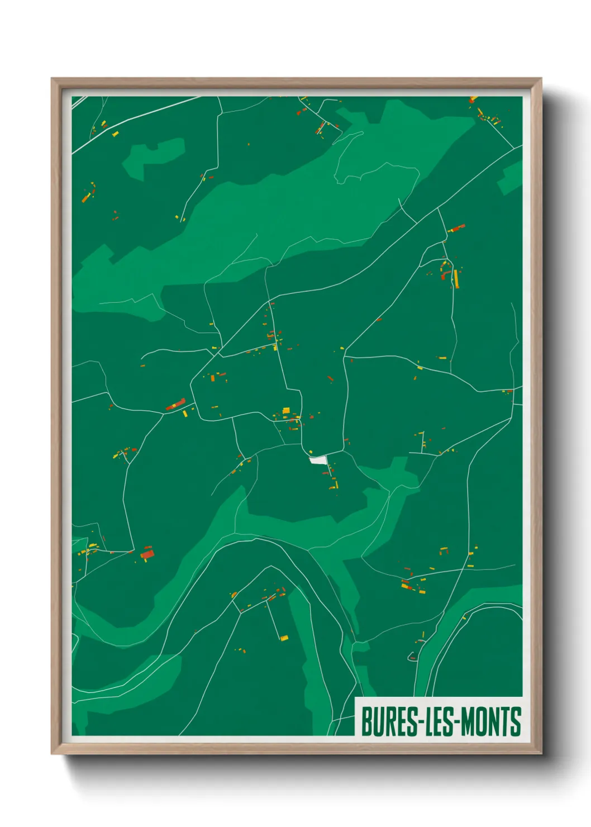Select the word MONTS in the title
pyautogui.click(x=491, y=721)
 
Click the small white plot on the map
pyautogui.click(x=318, y=460)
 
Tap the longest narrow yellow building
pyautogui.click(x=456, y=278)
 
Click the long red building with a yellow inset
pyautogui.click(x=176, y=404)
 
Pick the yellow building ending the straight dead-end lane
pyautogui.click(x=284, y=638)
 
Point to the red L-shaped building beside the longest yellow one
pyautogui.click(x=446, y=274)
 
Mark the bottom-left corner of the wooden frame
pyautogui.click(x=53, y=753)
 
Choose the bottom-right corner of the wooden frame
pyautogui.click(x=541, y=753)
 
